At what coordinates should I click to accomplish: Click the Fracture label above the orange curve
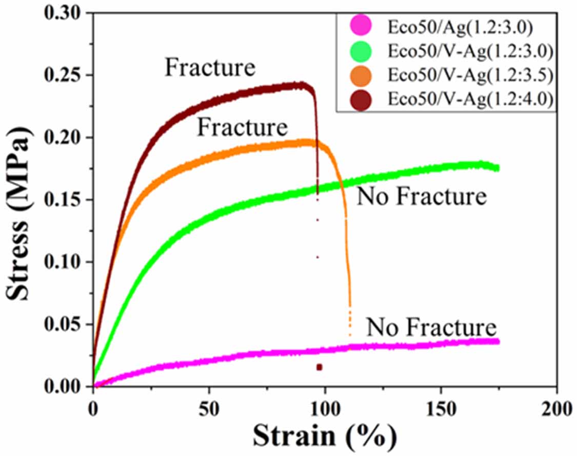coord(243,127)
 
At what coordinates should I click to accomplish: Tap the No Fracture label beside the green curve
coord(421,196)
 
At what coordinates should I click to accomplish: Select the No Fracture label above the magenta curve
coord(431,327)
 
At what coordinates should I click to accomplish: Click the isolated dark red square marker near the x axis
coord(320,367)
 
